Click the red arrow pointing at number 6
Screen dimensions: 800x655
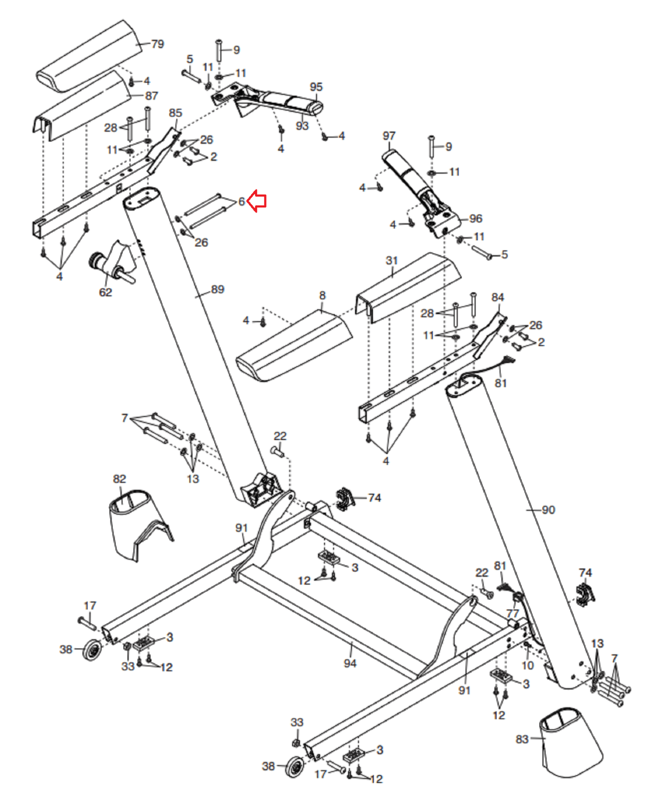(x=257, y=201)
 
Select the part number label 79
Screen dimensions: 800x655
(x=157, y=44)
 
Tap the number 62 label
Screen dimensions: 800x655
(x=105, y=292)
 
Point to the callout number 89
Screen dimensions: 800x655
(x=217, y=289)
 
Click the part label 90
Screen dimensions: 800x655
(x=548, y=510)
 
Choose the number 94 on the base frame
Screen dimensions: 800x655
(x=350, y=663)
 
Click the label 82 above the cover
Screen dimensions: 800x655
(x=119, y=479)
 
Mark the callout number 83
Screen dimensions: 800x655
(x=522, y=739)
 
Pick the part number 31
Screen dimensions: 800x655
(x=391, y=260)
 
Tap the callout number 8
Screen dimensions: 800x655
(x=322, y=295)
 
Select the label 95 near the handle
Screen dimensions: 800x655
(x=316, y=87)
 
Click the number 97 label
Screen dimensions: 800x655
(x=389, y=135)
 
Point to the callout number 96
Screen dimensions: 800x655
(x=475, y=218)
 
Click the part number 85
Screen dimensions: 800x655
(x=175, y=113)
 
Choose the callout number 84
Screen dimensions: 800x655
(x=497, y=297)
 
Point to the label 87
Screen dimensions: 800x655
(x=151, y=95)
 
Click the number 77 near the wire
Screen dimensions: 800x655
(x=512, y=613)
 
